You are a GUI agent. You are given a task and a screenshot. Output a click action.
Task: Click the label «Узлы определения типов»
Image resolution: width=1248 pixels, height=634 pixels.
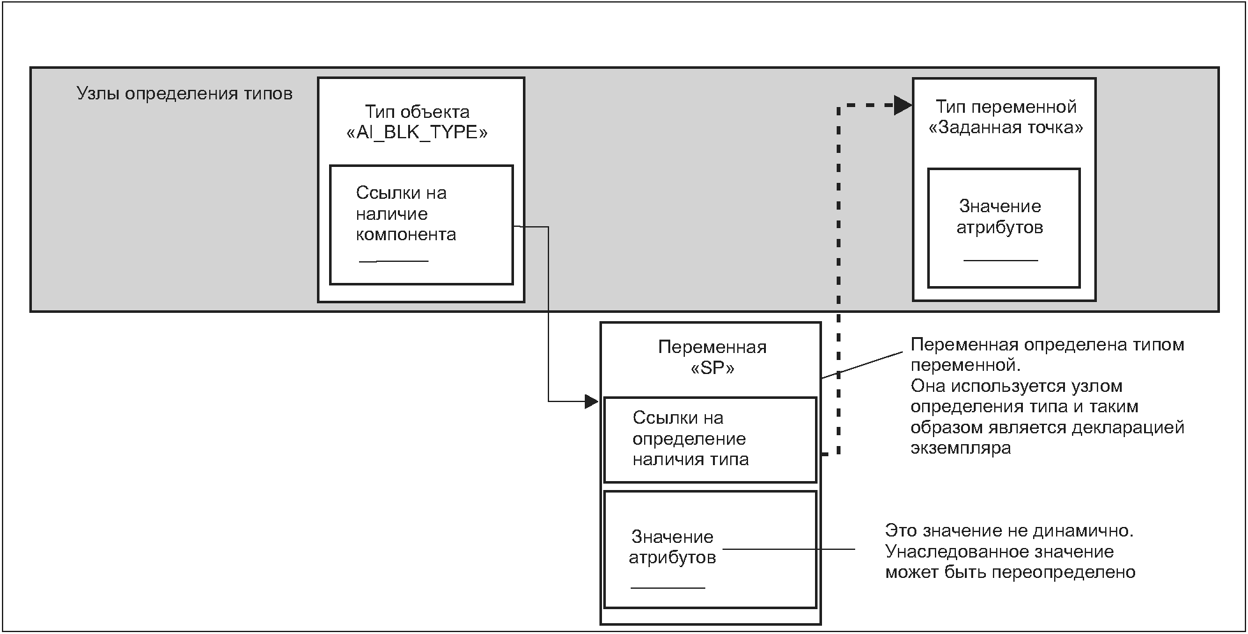click(184, 94)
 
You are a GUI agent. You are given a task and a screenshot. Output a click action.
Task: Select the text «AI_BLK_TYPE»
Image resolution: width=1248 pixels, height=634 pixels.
click(416, 133)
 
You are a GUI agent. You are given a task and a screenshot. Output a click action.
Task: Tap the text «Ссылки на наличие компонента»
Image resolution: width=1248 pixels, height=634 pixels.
click(406, 213)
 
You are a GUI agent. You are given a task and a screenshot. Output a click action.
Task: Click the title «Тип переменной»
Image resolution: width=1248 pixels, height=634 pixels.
click(1006, 106)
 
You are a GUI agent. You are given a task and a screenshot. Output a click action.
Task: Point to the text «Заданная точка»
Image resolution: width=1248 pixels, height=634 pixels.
click(1006, 127)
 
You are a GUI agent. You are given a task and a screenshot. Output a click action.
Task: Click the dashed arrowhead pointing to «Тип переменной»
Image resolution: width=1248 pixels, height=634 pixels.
click(903, 106)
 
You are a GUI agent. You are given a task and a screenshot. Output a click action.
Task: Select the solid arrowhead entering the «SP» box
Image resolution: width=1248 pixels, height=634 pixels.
click(592, 401)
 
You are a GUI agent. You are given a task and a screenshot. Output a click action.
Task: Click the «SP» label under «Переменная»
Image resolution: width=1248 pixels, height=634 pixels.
click(712, 368)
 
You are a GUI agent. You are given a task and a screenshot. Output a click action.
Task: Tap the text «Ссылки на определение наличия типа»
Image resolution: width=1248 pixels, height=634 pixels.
click(690, 438)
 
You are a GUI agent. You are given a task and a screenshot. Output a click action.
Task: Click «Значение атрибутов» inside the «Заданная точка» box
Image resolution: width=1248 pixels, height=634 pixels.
click(1000, 217)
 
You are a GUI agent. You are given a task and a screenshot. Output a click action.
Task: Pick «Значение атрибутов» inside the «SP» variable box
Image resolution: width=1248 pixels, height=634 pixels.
click(672, 547)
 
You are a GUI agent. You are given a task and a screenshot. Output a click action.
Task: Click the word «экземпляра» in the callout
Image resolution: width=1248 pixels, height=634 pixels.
click(961, 448)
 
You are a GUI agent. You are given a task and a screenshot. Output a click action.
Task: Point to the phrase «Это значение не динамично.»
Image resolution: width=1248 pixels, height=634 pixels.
click(1009, 530)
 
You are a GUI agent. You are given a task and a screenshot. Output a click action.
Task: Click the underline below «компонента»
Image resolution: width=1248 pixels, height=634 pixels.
click(393, 261)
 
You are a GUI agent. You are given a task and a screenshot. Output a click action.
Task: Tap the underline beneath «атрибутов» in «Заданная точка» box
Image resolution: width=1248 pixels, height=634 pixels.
click(1001, 260)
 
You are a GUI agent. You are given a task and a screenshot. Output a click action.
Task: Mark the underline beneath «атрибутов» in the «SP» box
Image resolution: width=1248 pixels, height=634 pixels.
click(668, 587)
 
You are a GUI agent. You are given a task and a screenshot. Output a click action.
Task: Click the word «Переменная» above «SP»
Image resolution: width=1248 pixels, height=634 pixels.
click(712, 347)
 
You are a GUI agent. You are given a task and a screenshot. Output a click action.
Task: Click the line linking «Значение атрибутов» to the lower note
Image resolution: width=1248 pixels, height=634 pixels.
click(789, 549)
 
